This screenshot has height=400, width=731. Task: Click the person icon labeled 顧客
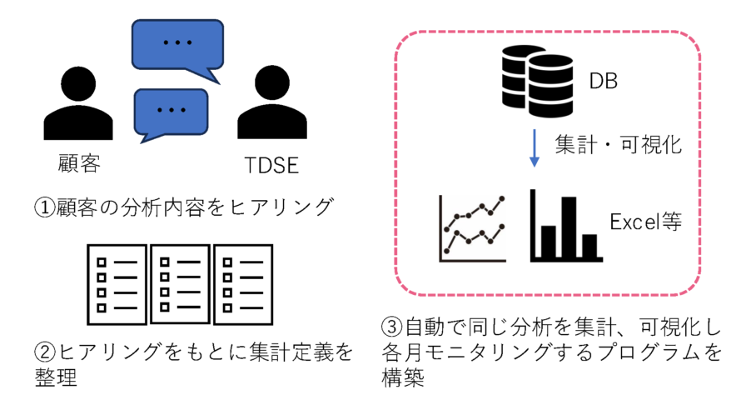click(77, 107)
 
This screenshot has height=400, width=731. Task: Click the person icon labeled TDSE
click(266, 107)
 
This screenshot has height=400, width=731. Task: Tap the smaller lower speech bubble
click(170, 109)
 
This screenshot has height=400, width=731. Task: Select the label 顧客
click(79, 162)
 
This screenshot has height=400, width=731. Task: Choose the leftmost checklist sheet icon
click(117, 285)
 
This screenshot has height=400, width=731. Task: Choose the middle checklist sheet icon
click(179, 285)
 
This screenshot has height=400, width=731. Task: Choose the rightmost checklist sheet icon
click(242, 285)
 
